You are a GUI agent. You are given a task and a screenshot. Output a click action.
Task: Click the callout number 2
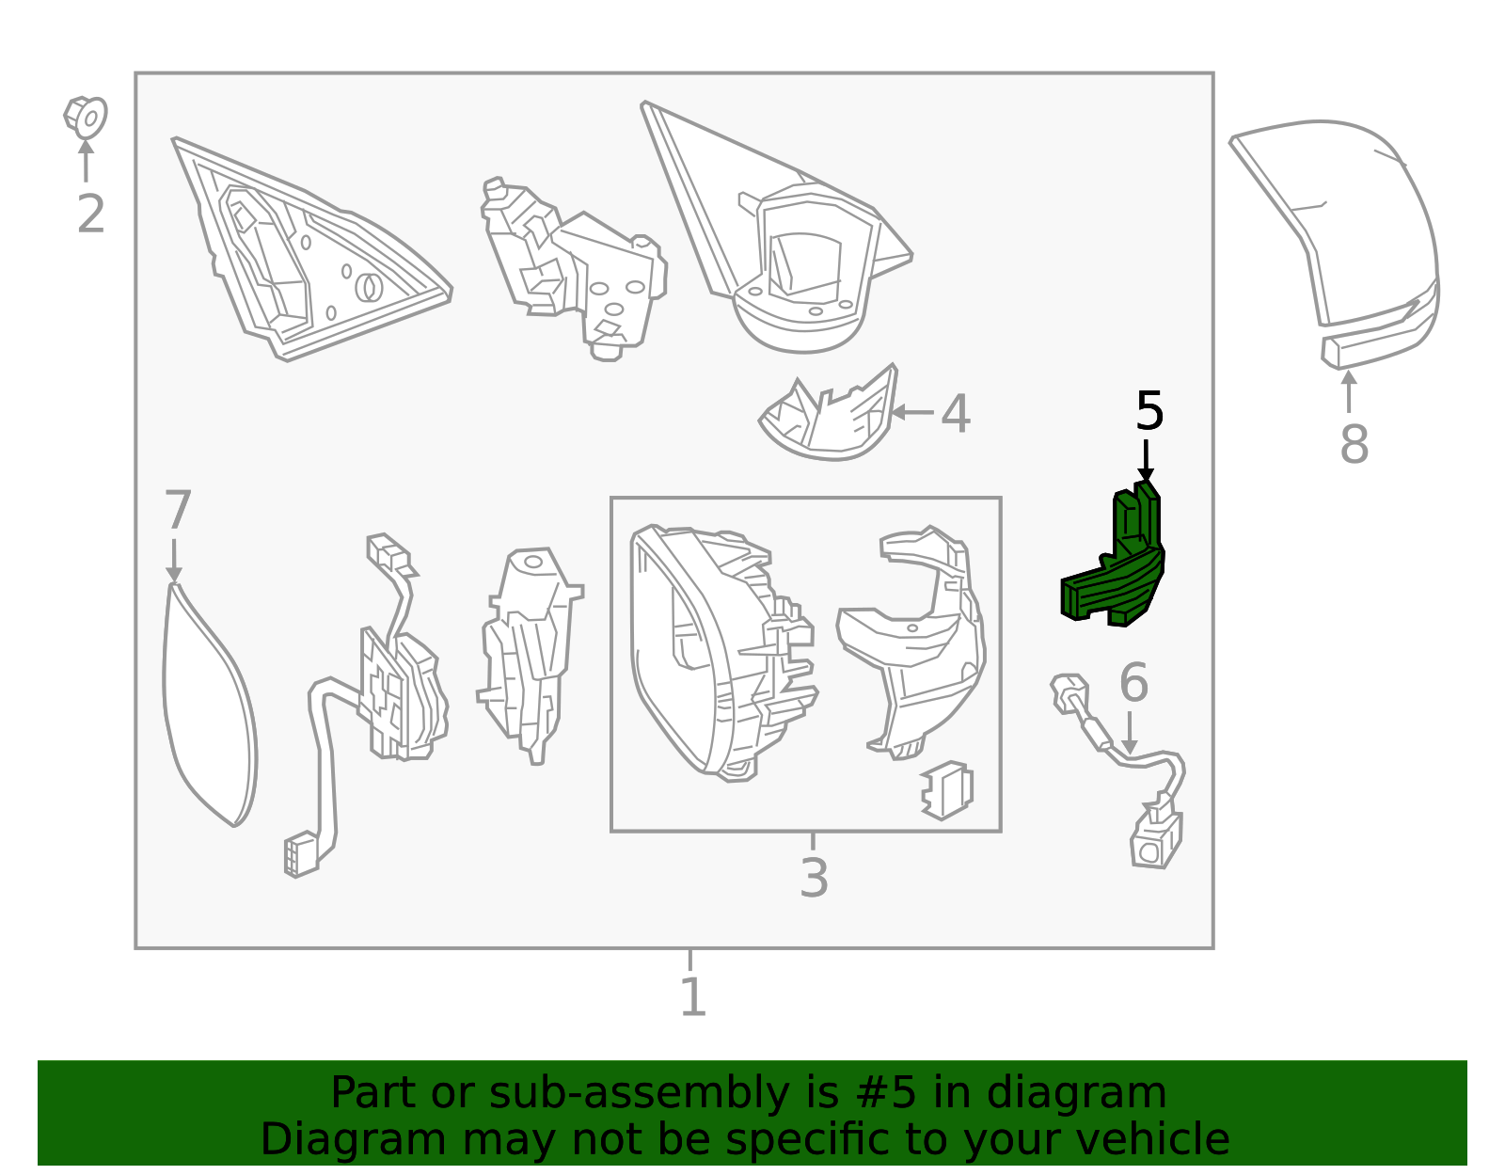pos(90,214)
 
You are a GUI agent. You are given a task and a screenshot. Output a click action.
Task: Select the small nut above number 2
pos(86,117)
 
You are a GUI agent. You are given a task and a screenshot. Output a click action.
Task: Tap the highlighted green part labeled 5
pos(1114,557)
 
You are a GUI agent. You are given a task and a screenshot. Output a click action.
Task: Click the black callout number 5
pos(1149,410)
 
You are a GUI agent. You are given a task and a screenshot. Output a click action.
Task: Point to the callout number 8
pos(1354,444)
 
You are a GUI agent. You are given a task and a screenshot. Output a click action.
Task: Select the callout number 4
pos(956,414)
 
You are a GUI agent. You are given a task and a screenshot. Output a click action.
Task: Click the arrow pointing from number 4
pos(912,413)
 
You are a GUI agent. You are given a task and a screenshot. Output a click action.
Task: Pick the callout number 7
pos(177,510)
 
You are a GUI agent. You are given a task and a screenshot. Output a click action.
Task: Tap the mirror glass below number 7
pos(210,705)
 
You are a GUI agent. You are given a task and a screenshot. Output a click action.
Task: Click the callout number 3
pos(813,879)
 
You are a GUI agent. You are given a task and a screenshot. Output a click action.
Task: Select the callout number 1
pos(692,997)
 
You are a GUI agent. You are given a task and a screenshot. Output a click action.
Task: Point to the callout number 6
pos(1133,682)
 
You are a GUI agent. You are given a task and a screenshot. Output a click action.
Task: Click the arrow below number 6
pos(1130,733)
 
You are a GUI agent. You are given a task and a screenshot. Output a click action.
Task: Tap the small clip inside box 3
pos(947,791)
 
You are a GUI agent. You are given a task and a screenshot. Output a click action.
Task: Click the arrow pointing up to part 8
pos(1349,392)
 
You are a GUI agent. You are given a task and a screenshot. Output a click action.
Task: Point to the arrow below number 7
pos(174,561)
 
